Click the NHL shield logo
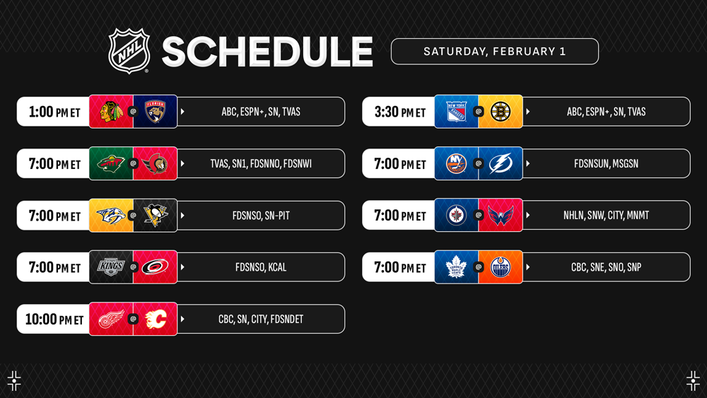129,50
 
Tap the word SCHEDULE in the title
267,52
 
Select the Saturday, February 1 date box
495,52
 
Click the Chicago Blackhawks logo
111,112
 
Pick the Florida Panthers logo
155,111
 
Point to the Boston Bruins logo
501,111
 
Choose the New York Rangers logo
456,112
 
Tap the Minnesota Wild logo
110,163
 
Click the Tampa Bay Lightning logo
501,163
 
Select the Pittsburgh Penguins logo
155,216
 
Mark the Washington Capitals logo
501,216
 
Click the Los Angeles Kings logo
111,267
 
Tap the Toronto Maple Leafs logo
456,267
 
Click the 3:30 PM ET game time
400,112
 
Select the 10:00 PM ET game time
54,319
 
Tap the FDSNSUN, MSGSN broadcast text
606,163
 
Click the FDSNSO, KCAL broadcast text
261,267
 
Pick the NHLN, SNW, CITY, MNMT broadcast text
606,216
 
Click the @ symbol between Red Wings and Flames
133,319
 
